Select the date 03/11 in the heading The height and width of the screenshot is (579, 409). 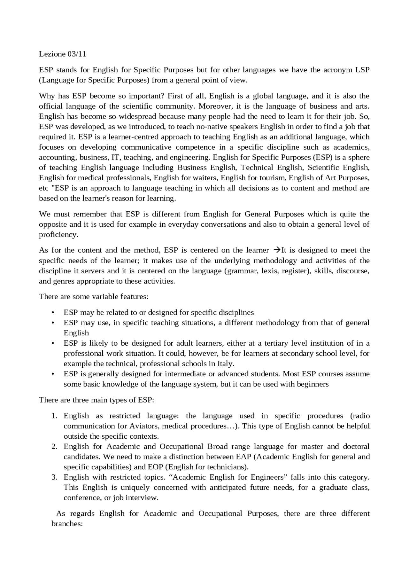77,54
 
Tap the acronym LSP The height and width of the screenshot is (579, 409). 362,70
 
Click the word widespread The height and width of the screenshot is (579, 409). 138,116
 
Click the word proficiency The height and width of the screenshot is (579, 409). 58,235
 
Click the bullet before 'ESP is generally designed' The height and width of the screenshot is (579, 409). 53,374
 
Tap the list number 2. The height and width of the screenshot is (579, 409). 54,447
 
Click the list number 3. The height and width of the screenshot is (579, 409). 54,477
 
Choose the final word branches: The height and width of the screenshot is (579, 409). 67,524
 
